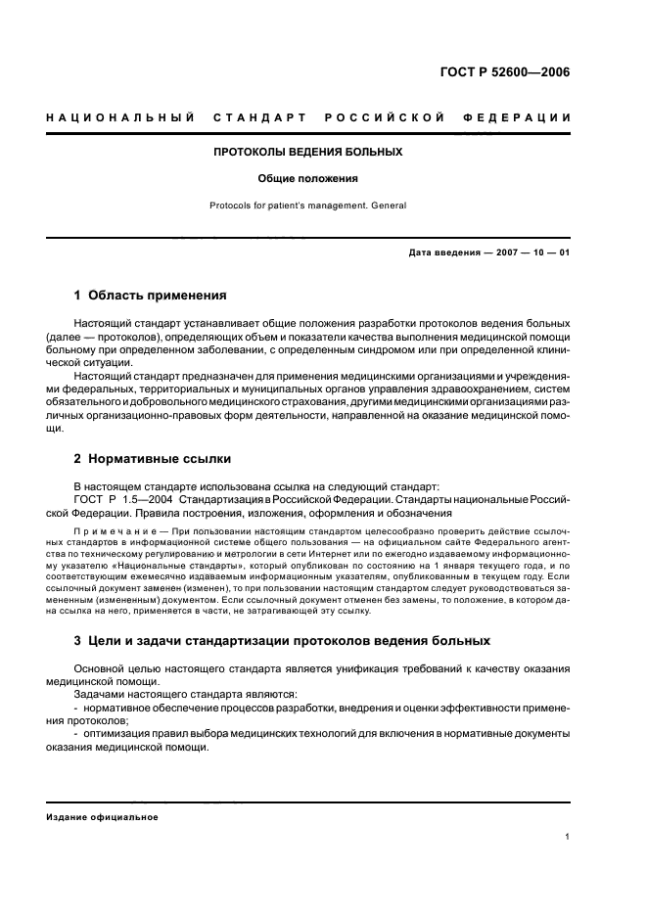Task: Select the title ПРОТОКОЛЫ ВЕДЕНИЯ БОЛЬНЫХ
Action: (308, 152)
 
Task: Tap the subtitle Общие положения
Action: (308, 179)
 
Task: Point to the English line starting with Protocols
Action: (308, 206)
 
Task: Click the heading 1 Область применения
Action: (151, 294)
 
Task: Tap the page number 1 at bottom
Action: (568, 837)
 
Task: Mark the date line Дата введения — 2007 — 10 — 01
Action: (488, 253)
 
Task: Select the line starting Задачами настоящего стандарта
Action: (159, 692)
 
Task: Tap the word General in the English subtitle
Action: (388, 206)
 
